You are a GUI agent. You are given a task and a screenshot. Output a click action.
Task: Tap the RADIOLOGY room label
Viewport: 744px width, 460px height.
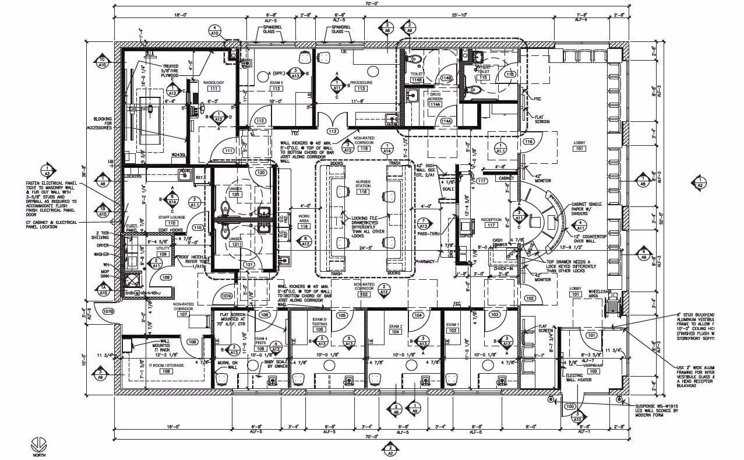[213, 83]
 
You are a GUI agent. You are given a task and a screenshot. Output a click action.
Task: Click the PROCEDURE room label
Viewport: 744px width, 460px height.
[361, 83]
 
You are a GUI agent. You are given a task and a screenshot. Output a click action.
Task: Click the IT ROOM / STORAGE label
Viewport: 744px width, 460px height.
[166, 365]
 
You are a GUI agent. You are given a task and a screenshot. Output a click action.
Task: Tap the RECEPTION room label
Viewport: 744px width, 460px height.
[491, 220]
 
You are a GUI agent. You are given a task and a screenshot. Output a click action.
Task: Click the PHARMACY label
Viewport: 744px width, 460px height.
[425, 262]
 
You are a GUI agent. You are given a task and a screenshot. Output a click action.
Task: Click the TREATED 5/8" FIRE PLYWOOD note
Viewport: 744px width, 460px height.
[170, 71]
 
